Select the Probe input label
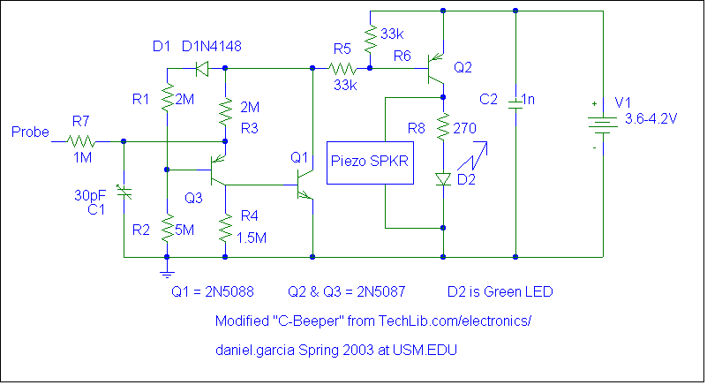[30, 132]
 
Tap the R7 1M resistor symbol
[81, 140]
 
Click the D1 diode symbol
[200, 67]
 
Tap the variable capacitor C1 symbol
[124, 192]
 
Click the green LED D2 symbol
[443, 178]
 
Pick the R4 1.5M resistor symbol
[226, 229]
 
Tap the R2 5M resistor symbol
[166, 229]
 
